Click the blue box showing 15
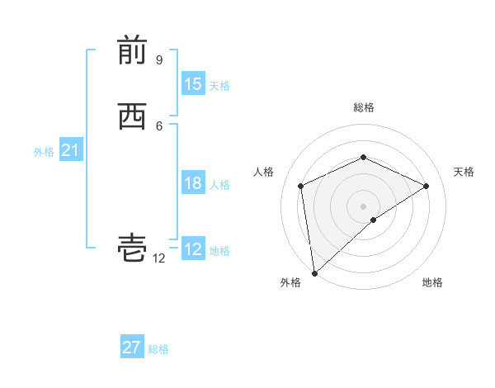(x=193, y=84)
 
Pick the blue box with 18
(x=193, y=183)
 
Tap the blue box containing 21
(x=70, y=150)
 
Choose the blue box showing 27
(x=132, y=348)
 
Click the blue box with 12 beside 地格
(x=193, y=249)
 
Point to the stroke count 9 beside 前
(x=159, y=60)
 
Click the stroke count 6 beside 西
(x=159, y=125)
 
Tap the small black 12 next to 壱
(x=159, y=258)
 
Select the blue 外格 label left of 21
(x=44, y=152)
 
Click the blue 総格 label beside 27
(x=158, y=349)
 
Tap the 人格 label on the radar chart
(x=264, y=172)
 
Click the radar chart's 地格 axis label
(x=432, y=283)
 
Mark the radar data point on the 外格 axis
(x=314, y=272)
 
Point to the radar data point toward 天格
(x=427, y=186)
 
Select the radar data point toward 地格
(x=374, y=220)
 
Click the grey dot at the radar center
(x=363, y=206)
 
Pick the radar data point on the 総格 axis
(x=363, y=157)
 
